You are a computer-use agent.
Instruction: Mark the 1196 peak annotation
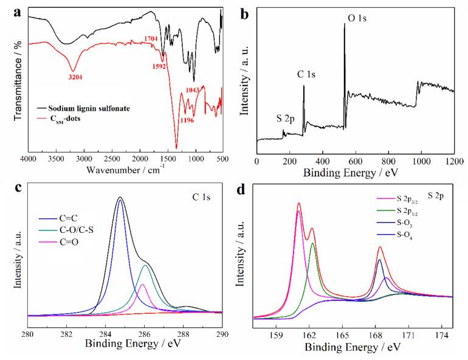(188, 120)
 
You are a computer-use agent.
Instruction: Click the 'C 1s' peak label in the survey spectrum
(306, 75)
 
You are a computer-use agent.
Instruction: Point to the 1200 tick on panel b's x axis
(454, 162)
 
